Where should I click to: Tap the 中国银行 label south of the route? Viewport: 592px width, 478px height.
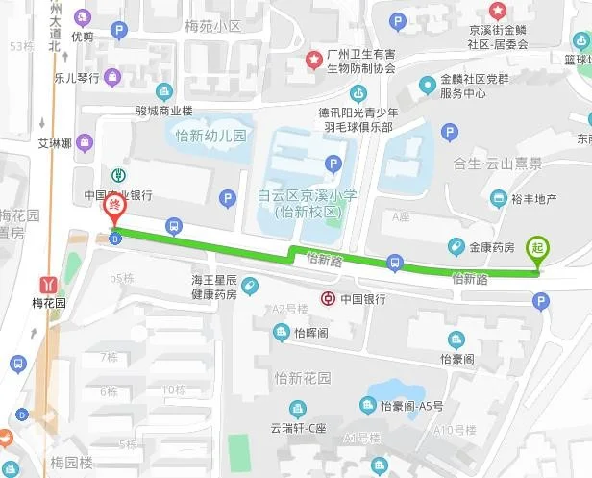[x=362, y=299]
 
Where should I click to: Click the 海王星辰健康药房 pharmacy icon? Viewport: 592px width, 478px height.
[x=249, y=287]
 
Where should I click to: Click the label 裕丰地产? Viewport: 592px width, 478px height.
[x=534, y=199]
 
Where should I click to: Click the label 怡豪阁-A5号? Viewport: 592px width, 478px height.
[x=411, y=406]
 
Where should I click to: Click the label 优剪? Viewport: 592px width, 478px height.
[x=83, y=38]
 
